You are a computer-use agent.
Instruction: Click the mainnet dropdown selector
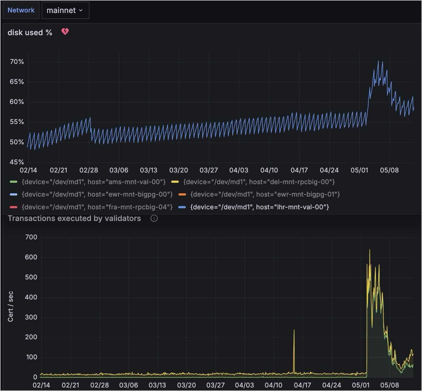click(x=65, y=11)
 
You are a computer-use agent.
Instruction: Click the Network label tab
click(x=21, y=10)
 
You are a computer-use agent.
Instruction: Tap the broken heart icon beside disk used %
click(x=65, y=32)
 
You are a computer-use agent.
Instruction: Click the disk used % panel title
click(x=30, y=33)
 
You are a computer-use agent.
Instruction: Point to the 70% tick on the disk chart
click(x=17, y=62)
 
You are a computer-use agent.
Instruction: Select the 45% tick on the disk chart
click(x=17, y=162)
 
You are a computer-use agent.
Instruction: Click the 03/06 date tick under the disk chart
click(x=119, y=170)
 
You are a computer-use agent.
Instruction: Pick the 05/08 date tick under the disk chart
click(x=389, y=170)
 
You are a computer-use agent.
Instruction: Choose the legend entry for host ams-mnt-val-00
click(x=93, y=182)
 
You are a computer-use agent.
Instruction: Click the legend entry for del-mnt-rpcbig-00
click(x=259, y=182)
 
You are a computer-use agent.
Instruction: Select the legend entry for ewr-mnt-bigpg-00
click(x=97, y=194)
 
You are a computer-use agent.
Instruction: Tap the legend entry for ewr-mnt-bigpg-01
click(x=265, y=194)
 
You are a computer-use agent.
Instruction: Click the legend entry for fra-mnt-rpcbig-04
click(x=97, y=207)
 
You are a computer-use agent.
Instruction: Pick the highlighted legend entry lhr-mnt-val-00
click(x=259, y=207)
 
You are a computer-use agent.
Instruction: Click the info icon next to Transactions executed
click(x=154, y=219)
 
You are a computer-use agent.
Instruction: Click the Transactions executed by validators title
click(x=74, y=219)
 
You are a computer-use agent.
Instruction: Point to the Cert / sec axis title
click(x=11, y=307)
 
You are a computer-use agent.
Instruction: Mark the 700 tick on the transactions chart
click(x=31, y=237)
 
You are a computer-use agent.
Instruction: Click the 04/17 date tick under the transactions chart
click(x=302, y=385)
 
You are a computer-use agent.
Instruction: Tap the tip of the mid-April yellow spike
click(x=294, y=330)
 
